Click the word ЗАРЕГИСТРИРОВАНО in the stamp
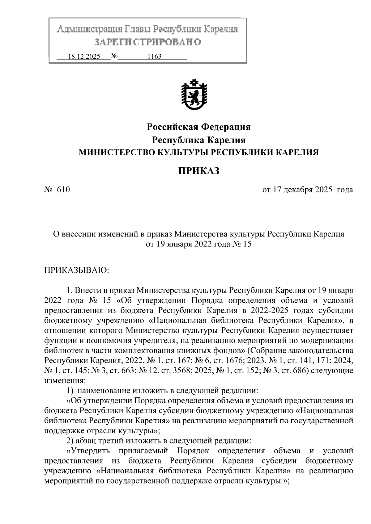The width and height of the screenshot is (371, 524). [x=147, y=42]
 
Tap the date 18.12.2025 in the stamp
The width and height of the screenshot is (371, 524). [x=84, y=57]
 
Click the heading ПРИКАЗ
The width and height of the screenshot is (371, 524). [x=198, y=170]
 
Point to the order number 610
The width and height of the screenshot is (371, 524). [x=63, y=189]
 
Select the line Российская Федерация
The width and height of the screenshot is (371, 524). [x=198, y=127]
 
